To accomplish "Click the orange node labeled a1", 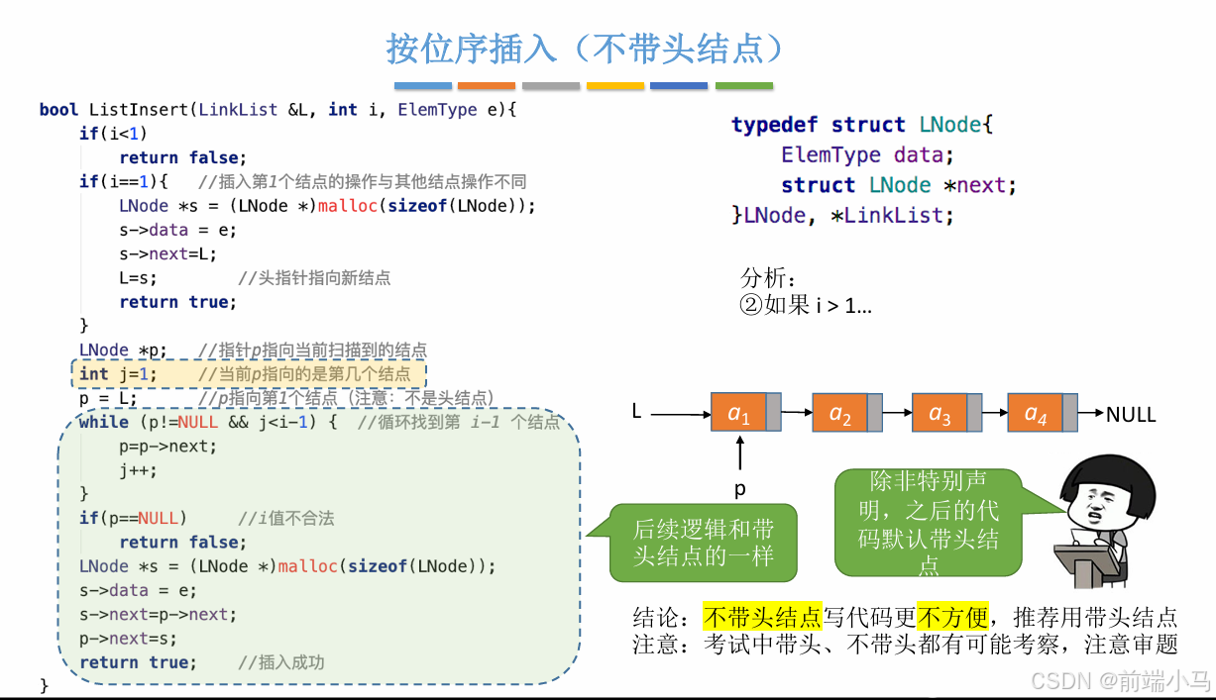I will [739, 413].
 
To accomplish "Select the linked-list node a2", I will [840, 413].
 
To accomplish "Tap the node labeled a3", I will [940, 413].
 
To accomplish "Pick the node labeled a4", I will [1036, 413].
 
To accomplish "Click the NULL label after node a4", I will [1131, 414].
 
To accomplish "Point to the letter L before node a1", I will [638, 410].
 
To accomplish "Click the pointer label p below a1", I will [739, 489].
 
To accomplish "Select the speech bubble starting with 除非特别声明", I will [928, 523].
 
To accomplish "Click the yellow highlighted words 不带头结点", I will [762, 618].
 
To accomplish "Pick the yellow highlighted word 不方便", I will [952, 618].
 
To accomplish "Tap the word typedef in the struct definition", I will [775, 125].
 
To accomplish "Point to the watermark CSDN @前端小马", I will [1120, 681].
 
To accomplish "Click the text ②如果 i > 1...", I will [805, 305].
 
